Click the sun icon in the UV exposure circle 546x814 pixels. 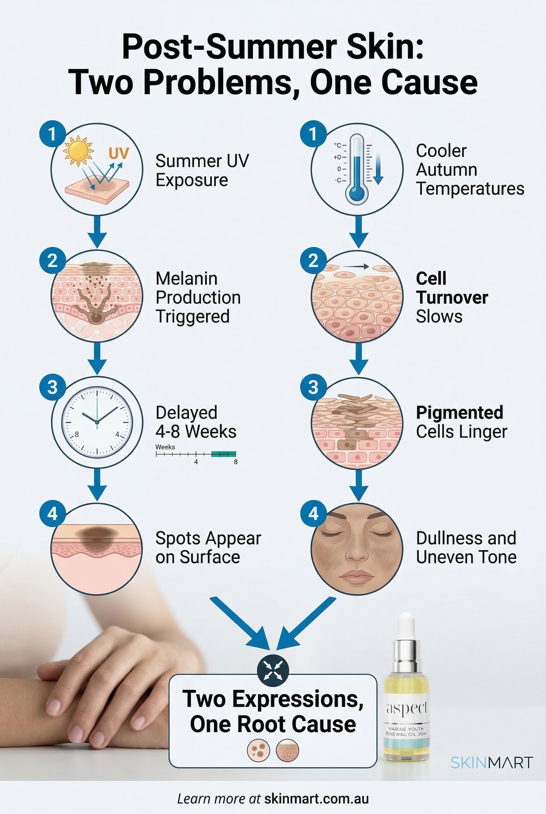pos(78,150)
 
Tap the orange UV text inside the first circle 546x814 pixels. pos(119,153)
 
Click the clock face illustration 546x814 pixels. pos(97,422)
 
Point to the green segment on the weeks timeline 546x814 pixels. pos(223,453)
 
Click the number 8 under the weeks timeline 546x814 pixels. pos(236,462)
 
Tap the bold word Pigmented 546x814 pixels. pos(459,412)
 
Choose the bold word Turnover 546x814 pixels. pos(452,298)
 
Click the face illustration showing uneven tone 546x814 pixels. pos(357,548)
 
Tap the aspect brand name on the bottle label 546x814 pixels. pos(406,708)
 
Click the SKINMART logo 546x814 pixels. pos(491,762)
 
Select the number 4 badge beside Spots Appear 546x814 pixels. pos(52,513)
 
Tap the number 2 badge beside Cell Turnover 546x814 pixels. pos(313,260)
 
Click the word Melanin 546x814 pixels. pos(186,278)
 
